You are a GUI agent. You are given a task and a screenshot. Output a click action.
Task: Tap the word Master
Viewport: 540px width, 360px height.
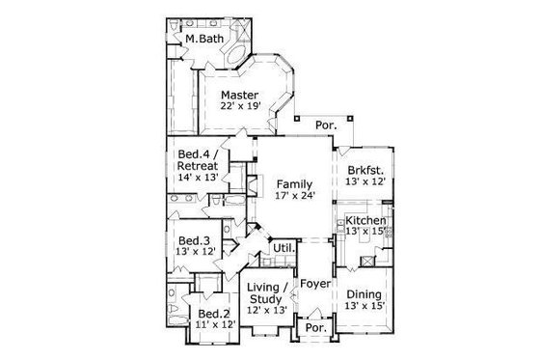(237, 95)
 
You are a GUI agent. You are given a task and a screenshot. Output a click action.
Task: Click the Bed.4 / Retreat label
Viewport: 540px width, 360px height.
(198, 159)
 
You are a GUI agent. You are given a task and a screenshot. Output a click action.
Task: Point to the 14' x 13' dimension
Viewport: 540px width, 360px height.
(198, 178)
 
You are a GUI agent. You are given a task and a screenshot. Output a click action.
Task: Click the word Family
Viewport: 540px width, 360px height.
(293, 183)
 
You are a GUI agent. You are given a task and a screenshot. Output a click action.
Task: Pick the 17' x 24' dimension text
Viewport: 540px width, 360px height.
(293, 196)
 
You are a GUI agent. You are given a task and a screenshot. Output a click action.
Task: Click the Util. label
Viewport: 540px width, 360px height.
(283, 248)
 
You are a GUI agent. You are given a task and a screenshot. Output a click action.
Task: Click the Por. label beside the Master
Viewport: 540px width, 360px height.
(324, 126)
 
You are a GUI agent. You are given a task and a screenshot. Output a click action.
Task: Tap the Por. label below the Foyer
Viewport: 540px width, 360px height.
(314, 327)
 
